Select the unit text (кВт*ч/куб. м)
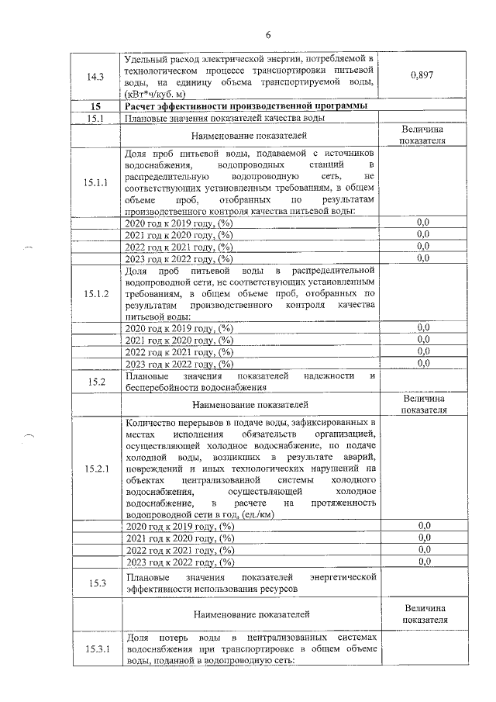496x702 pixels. point(159,93)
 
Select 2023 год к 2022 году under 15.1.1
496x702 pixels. point(179,258)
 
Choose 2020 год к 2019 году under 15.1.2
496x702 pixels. point(179,328)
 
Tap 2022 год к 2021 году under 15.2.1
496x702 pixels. point(179,549)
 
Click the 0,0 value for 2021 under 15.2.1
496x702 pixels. point(423,538)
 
